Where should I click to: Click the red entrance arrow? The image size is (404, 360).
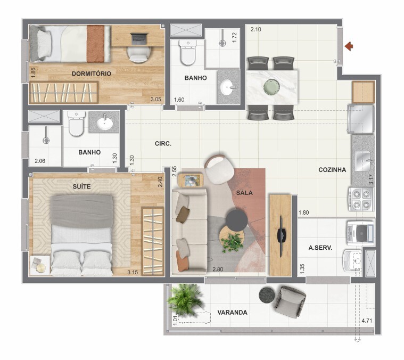[x=349, y=46]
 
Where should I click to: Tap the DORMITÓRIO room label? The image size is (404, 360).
[x=92, y=73]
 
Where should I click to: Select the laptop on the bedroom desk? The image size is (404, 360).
[x=139, y=39]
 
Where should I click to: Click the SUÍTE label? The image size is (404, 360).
[x=81, y=186]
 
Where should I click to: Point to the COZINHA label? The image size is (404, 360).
[x=332, y=170]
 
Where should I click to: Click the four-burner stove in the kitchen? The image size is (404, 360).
[x=361, y=199]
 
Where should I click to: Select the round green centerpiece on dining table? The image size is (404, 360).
[x=272, y=87]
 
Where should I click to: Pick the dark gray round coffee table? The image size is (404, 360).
[x=237, y=220]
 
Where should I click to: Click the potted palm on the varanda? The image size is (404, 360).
[x=185, y=300]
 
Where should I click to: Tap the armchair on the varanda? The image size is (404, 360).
[x=290, y=301]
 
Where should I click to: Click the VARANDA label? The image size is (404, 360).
[x=232, y=313]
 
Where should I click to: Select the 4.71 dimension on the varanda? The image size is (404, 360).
[x=367, y=321]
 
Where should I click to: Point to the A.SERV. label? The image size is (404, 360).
[x=320, y=248]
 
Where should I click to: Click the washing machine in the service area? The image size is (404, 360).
[x=360, y=233]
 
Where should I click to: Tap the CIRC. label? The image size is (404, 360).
[x=163, y=144]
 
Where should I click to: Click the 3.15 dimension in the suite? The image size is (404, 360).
[x=133, y=272]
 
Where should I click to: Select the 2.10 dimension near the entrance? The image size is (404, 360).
[x=255, y=29]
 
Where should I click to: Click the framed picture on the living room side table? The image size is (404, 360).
[x=191, y=181]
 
